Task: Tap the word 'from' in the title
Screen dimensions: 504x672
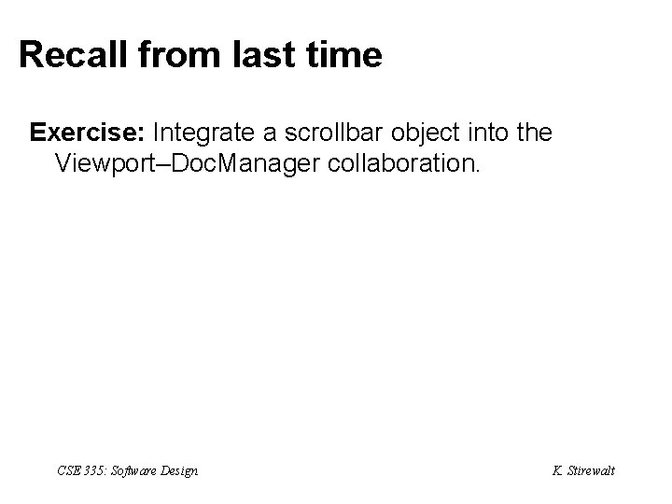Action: tap(167, 56)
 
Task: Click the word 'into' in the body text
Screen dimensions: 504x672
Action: tap(491, 133)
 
